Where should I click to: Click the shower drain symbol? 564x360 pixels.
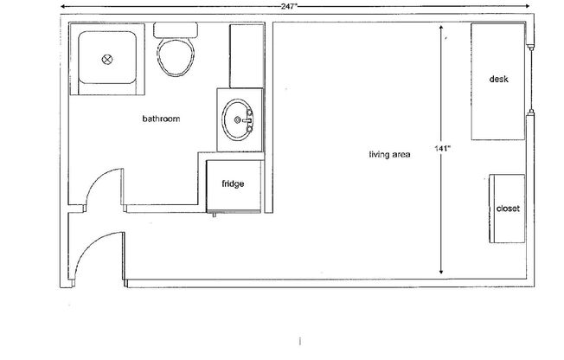point(108,60)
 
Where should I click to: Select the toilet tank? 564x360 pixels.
point(176,29)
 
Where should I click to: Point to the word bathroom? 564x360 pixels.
point(161,119)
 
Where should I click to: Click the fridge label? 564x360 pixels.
point(233,183)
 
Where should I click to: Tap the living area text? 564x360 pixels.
point(389,156)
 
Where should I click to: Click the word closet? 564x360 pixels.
point(507,209)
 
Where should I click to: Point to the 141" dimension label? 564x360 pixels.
point(443,149)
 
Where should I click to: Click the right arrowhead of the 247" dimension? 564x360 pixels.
point(529,6)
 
